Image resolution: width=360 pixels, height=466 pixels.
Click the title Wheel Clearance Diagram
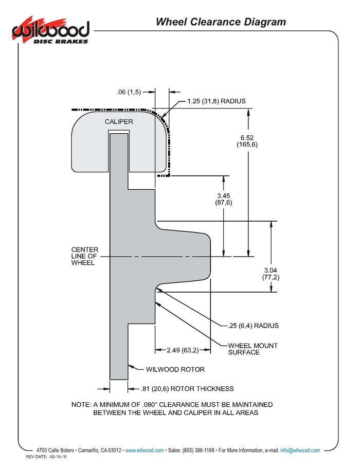tap(221, 22)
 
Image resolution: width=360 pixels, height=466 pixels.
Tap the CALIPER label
tap(119, 121)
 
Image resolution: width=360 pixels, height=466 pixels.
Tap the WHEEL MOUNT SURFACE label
tap(253, 349)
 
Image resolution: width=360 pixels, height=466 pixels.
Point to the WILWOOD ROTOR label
tap(175, 369)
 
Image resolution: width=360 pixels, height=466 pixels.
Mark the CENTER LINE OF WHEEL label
tap(85, 256)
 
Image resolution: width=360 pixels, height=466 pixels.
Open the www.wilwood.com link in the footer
tap(145, 450)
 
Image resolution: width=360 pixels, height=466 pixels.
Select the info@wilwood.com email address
tap(300, 450)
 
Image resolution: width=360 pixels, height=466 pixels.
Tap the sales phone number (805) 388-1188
tap(199, 450)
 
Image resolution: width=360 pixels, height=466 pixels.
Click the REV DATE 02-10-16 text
tap(46, 457)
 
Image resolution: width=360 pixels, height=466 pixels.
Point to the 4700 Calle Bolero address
tap(55, 450)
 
